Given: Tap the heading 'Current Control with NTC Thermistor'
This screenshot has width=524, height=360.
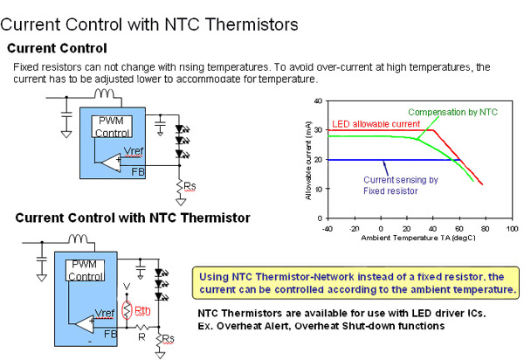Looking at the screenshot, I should [x=133, y=218].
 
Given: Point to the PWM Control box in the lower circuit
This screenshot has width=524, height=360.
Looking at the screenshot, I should [x=85, y=269].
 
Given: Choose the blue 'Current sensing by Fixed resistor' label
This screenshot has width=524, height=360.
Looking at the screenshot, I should [x=399, y=183].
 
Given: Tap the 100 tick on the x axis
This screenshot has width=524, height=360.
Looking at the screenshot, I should [x=509, y=227].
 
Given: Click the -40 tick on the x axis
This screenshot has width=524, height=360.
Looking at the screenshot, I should [x=327, y=227].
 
